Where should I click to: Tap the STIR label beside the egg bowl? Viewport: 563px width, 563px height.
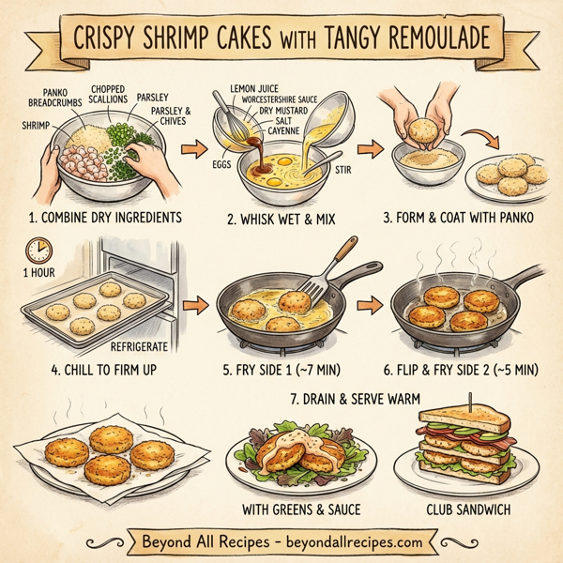click(x=345, y=172)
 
